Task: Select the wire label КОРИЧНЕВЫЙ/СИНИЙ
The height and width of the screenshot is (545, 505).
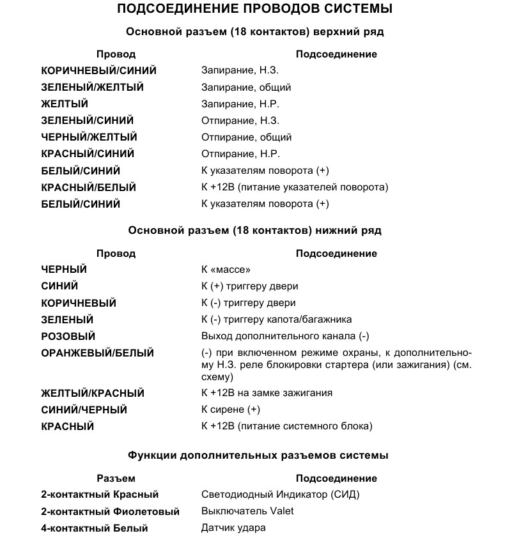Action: [98, 71]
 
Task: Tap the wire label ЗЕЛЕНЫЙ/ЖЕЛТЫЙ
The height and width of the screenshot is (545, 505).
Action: [92, 88]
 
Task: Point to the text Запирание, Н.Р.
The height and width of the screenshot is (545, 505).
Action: [240, 104]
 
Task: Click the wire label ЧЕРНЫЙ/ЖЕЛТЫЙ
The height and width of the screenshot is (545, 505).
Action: [89, 137]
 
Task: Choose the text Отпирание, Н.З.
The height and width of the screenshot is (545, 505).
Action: [240, 121]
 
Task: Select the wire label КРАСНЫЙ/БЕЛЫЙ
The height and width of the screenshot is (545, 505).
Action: [88, 188]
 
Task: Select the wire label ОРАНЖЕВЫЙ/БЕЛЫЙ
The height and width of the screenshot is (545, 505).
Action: [97, 353]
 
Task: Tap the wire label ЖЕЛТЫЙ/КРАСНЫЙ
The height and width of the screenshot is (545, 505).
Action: [93, 394]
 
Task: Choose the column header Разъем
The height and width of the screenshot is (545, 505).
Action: [116, 479]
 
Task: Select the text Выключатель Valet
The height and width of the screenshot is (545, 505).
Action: [247, 512]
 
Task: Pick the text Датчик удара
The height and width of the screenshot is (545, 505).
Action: [233, 528]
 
